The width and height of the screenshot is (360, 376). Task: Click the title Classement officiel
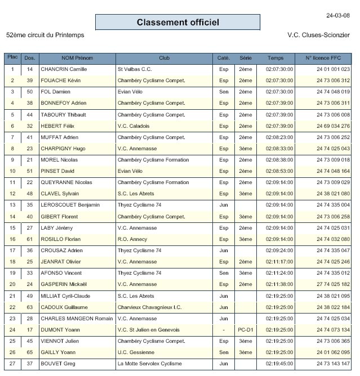pyautogui.click(x=177, y=23)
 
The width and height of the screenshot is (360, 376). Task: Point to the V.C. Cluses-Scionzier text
pyautogui.click(x=319, y=35)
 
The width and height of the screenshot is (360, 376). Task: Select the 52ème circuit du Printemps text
pyautogui.click(x=45, y=35)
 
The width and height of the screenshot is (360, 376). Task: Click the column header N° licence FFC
pyautogui.click(x=323, y=58)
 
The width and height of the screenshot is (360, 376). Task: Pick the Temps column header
pyautogui.click(x=276, y=58)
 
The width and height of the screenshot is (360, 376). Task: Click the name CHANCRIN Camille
pyautogui.click(x=64, y=69)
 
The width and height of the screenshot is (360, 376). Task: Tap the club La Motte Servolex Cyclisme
pyautogui.click(x=150, y=364)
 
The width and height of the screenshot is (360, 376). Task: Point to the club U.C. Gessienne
pyautogui.click(x=136, y=352)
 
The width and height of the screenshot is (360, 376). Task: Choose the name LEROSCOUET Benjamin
pyautogui.click(x=70, y=205)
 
